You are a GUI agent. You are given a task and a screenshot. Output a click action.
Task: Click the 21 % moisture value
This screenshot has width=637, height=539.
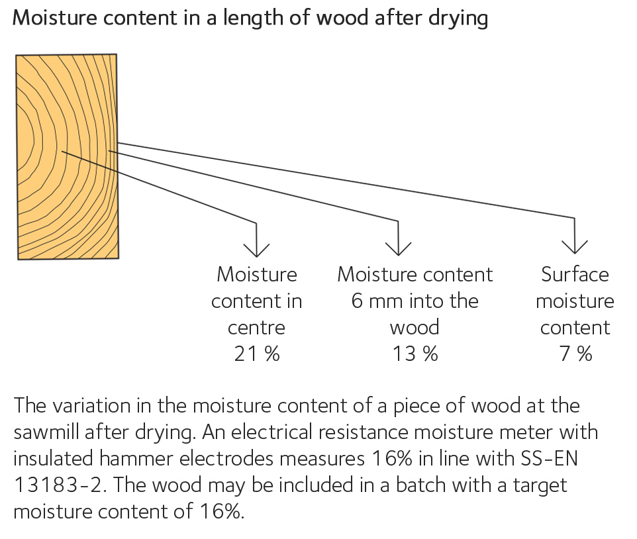click(257, 354)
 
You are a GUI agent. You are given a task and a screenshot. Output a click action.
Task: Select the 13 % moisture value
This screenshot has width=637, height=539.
click(415, 354)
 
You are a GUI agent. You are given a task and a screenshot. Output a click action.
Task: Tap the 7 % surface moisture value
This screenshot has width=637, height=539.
click(575, 354)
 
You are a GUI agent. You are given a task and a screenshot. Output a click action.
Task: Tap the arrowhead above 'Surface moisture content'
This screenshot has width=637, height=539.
click(575, 246)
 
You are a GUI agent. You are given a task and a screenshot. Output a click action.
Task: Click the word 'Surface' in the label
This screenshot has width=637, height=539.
click(575, 274)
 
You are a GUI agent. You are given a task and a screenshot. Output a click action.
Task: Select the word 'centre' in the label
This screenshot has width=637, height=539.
click(257, 328)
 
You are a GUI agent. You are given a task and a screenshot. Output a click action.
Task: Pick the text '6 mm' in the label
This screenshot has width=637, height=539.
click(375, 301)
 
